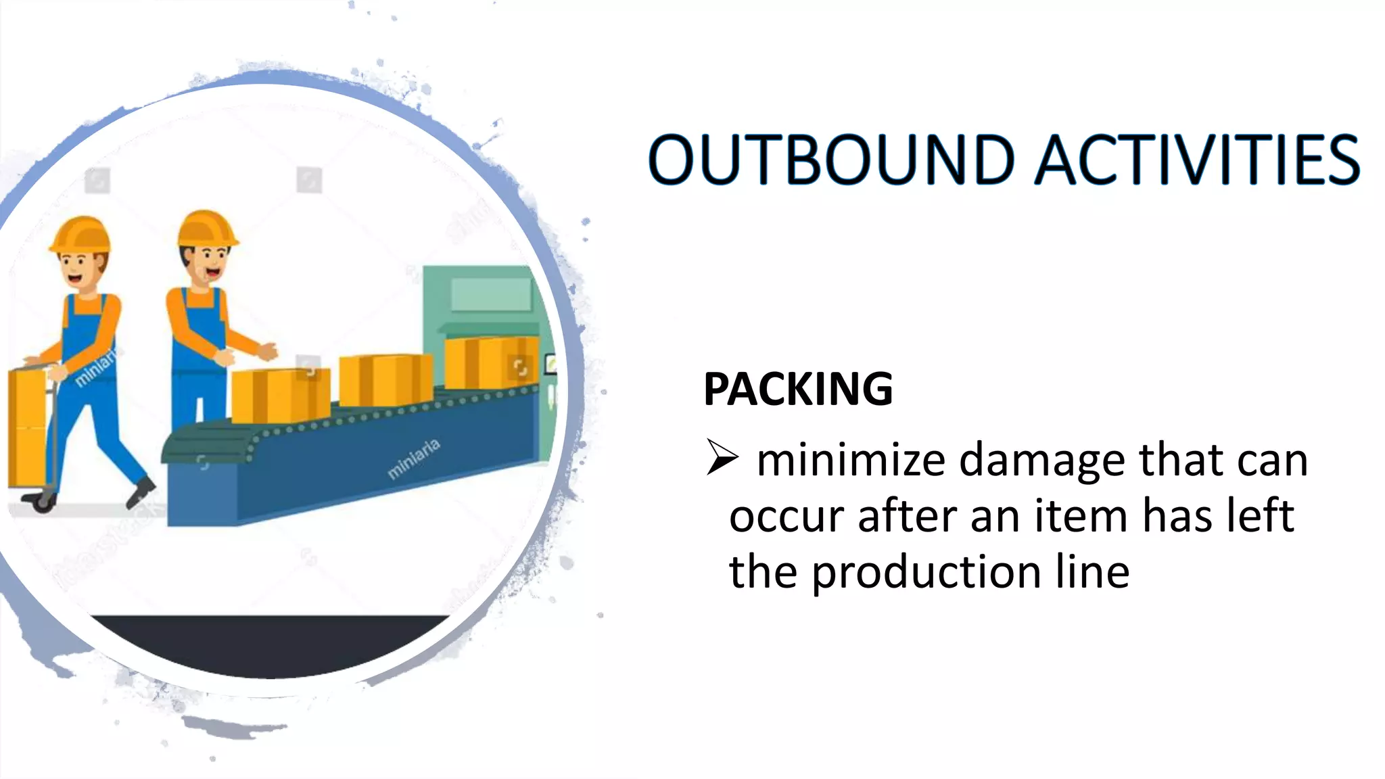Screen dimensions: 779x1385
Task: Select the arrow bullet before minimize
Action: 722,458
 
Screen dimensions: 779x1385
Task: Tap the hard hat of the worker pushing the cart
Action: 81,233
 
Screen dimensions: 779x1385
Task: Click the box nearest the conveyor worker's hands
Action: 280,396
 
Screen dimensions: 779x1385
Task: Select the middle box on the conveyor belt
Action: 385,380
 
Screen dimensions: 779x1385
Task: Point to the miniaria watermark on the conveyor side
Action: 414,458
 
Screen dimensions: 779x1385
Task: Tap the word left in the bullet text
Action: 1261,515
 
